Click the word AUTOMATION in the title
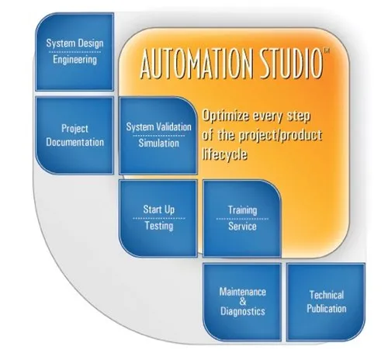(196, 63)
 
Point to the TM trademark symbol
(327, 50)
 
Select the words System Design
(74, 43)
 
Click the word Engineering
(74, 60)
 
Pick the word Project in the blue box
(74, 129)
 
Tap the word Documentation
(74, 142)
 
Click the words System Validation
(158, 126)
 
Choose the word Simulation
(158, 143)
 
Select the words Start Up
(159, 209)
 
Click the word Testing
(159, 226)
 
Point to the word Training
(242, 210)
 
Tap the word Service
(242, 227)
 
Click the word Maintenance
(243, 292)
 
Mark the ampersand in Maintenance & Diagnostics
(243, 301)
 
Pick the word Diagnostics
(243, 311)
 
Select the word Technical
(327, 295)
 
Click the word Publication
(327, 309)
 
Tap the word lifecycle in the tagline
(224, 154)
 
